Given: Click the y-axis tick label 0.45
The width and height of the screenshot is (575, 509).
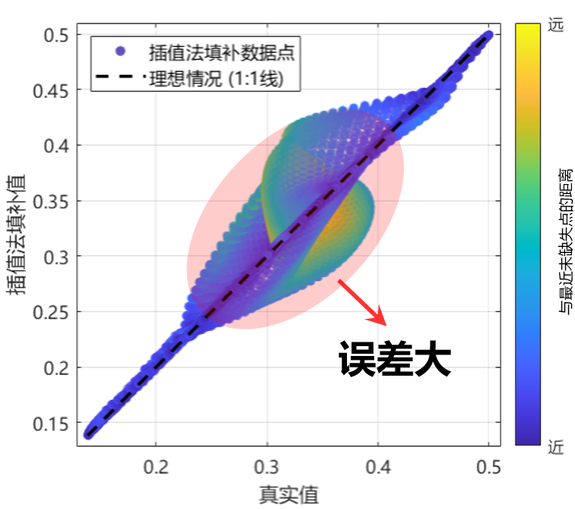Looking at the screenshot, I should coord(52,90).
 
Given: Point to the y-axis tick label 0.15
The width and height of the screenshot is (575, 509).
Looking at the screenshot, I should coord(52,423).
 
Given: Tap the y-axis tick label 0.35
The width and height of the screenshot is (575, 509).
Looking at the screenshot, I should coord(52,201).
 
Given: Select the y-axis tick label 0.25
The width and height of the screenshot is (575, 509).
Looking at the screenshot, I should coord(52,312).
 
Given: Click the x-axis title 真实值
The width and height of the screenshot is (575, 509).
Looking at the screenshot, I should coord(288,494).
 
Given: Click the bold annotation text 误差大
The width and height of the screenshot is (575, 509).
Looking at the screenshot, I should coord(394,358).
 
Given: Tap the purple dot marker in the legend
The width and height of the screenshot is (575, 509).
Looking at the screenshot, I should coord(119,52).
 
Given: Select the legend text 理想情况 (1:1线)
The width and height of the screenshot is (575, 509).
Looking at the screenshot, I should coord(216,77).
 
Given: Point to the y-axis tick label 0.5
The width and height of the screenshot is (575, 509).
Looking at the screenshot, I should coord(57,35).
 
